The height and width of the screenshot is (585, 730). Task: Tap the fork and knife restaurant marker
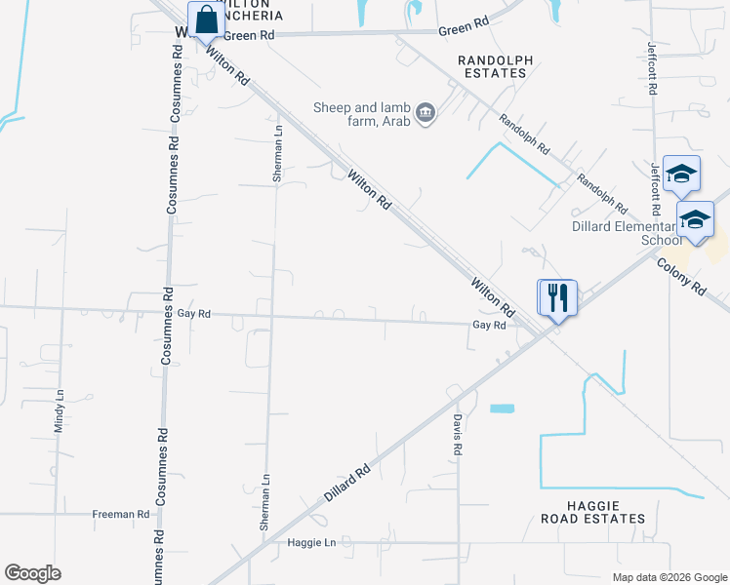coord(558,296)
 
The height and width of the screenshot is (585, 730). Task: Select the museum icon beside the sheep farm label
coord(426,114)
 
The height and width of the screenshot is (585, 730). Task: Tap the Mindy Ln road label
coord(59,411)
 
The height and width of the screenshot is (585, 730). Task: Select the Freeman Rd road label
coord(120,514)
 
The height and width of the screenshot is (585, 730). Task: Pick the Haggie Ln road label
coord(311,542)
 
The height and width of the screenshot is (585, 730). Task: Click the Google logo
coord(32,573)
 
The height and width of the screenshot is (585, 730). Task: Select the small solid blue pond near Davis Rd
coord(502,408)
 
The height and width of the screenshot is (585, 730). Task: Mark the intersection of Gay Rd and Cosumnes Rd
coord(168,313)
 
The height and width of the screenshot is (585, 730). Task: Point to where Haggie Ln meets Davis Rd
coord(458,543)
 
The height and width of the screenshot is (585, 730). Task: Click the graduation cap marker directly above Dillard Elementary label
coord(680,175)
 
